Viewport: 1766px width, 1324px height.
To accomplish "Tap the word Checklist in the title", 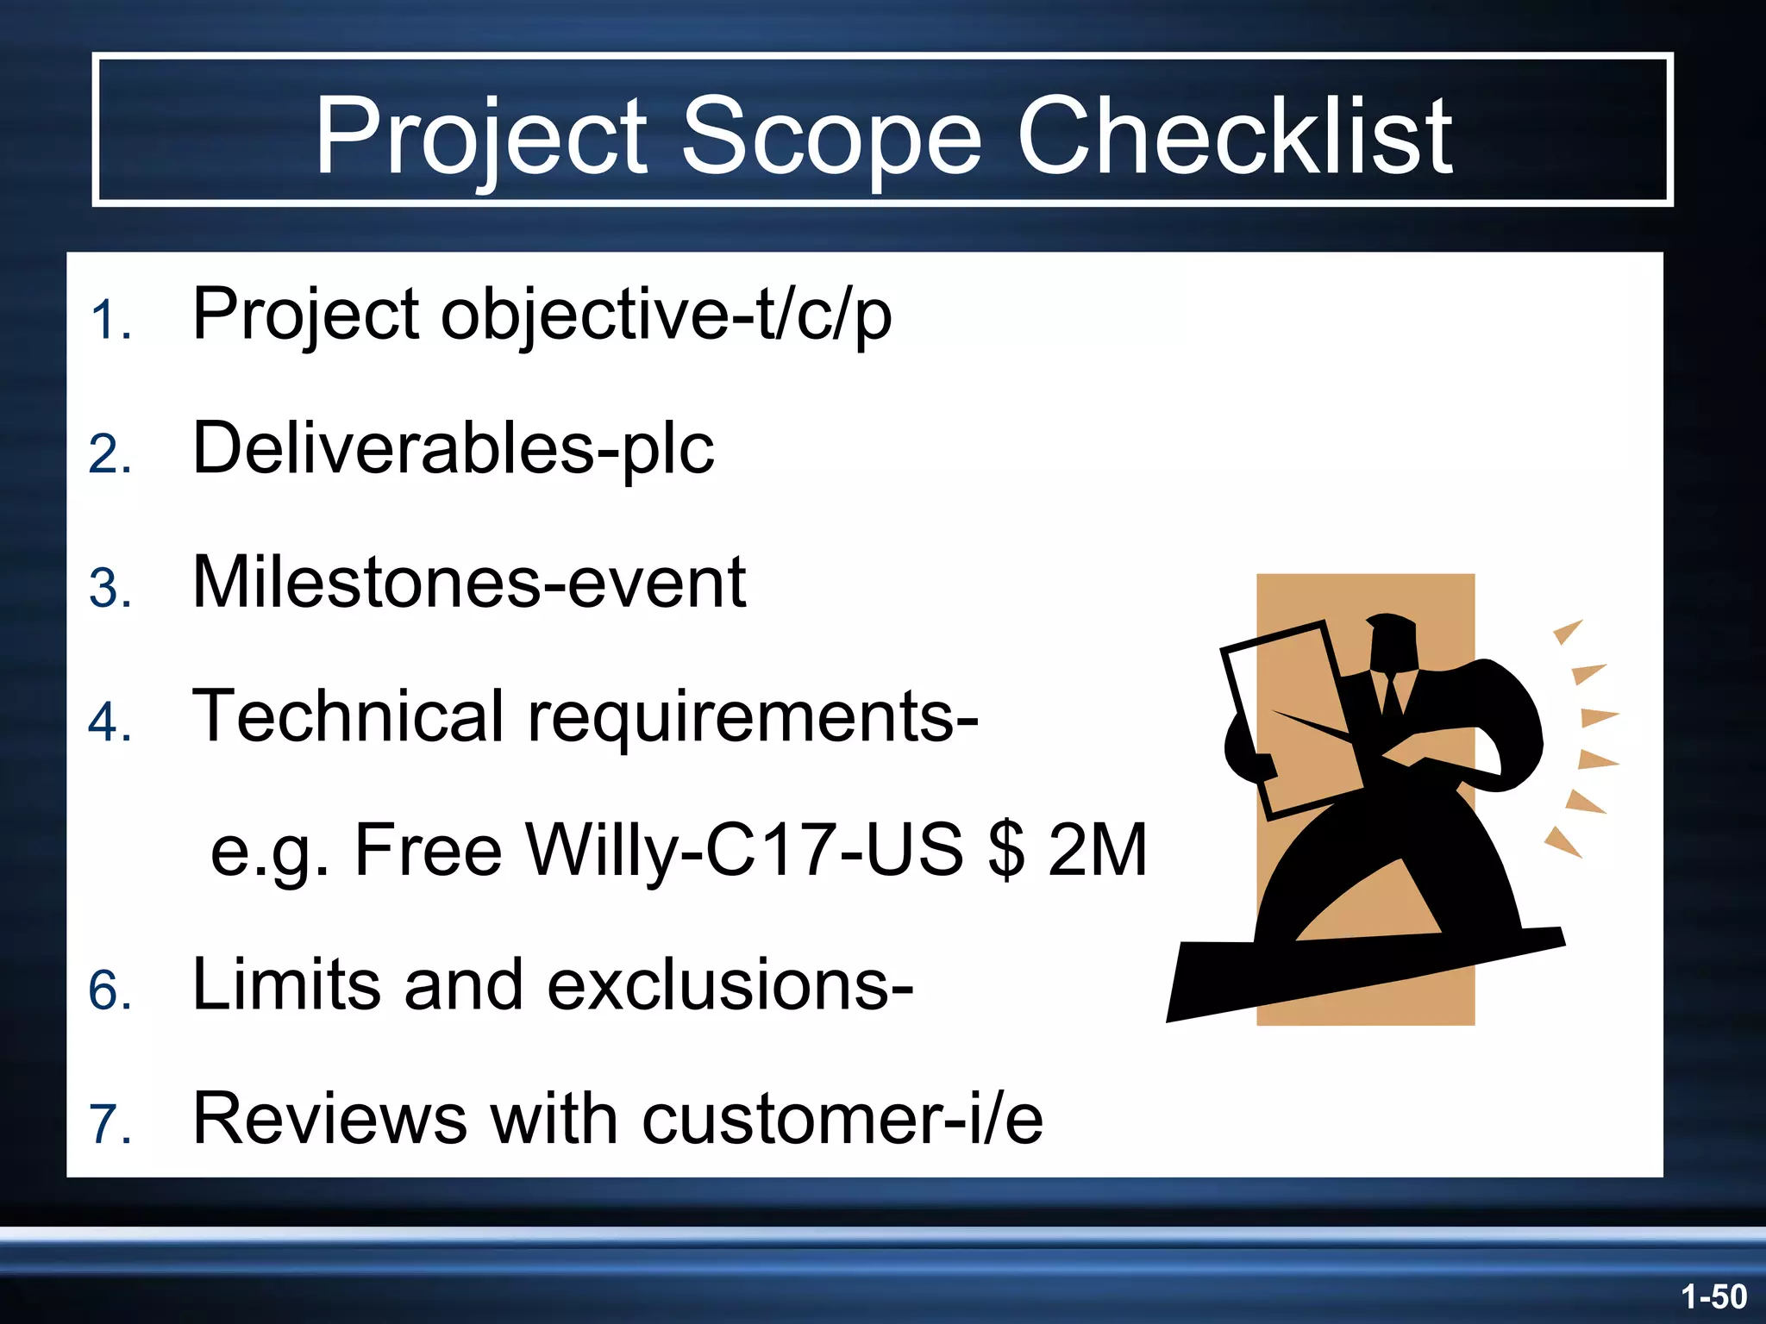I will (x=1235, y=136).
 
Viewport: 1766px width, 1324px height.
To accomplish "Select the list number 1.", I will (x=110, y=321).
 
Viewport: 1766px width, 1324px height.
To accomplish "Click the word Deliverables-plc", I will (x=453, y=448).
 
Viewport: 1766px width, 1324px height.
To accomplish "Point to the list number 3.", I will (x=110, y=590).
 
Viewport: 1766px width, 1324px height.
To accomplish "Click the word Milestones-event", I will (x=468, y=583).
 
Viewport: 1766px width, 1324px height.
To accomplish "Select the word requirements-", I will (x=752, y=717).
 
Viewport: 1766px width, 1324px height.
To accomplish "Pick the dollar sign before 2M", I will (x=1006, y=850).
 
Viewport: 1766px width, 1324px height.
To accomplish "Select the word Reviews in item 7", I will (x=329, y=1119).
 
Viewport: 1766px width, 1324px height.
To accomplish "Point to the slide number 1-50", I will (x=1713, y=1296).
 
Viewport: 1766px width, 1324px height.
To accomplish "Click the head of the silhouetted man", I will (x=1392, y=642).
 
